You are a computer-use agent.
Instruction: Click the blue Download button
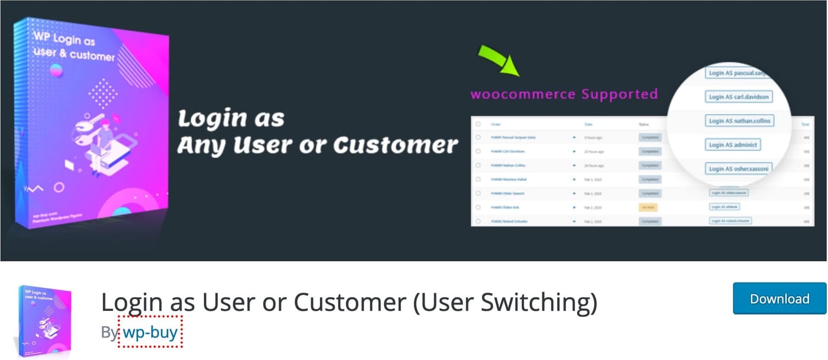click(x=779, y=299)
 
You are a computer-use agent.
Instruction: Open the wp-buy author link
click(x=150, y=332)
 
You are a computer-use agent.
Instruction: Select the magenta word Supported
click(x=619, y=94)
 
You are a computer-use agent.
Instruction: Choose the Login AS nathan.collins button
click(x=740, y=121)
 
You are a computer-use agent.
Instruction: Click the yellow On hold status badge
click(x=648, y=207)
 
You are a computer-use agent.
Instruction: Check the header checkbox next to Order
click(x=478, y=124)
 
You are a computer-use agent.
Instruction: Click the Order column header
click(x=496, y=124)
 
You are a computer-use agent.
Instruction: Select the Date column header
click(x=588, y=124)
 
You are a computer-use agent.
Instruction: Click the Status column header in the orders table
click(x=644, y=124)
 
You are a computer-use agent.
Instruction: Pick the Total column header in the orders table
click(x=805, y=124)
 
